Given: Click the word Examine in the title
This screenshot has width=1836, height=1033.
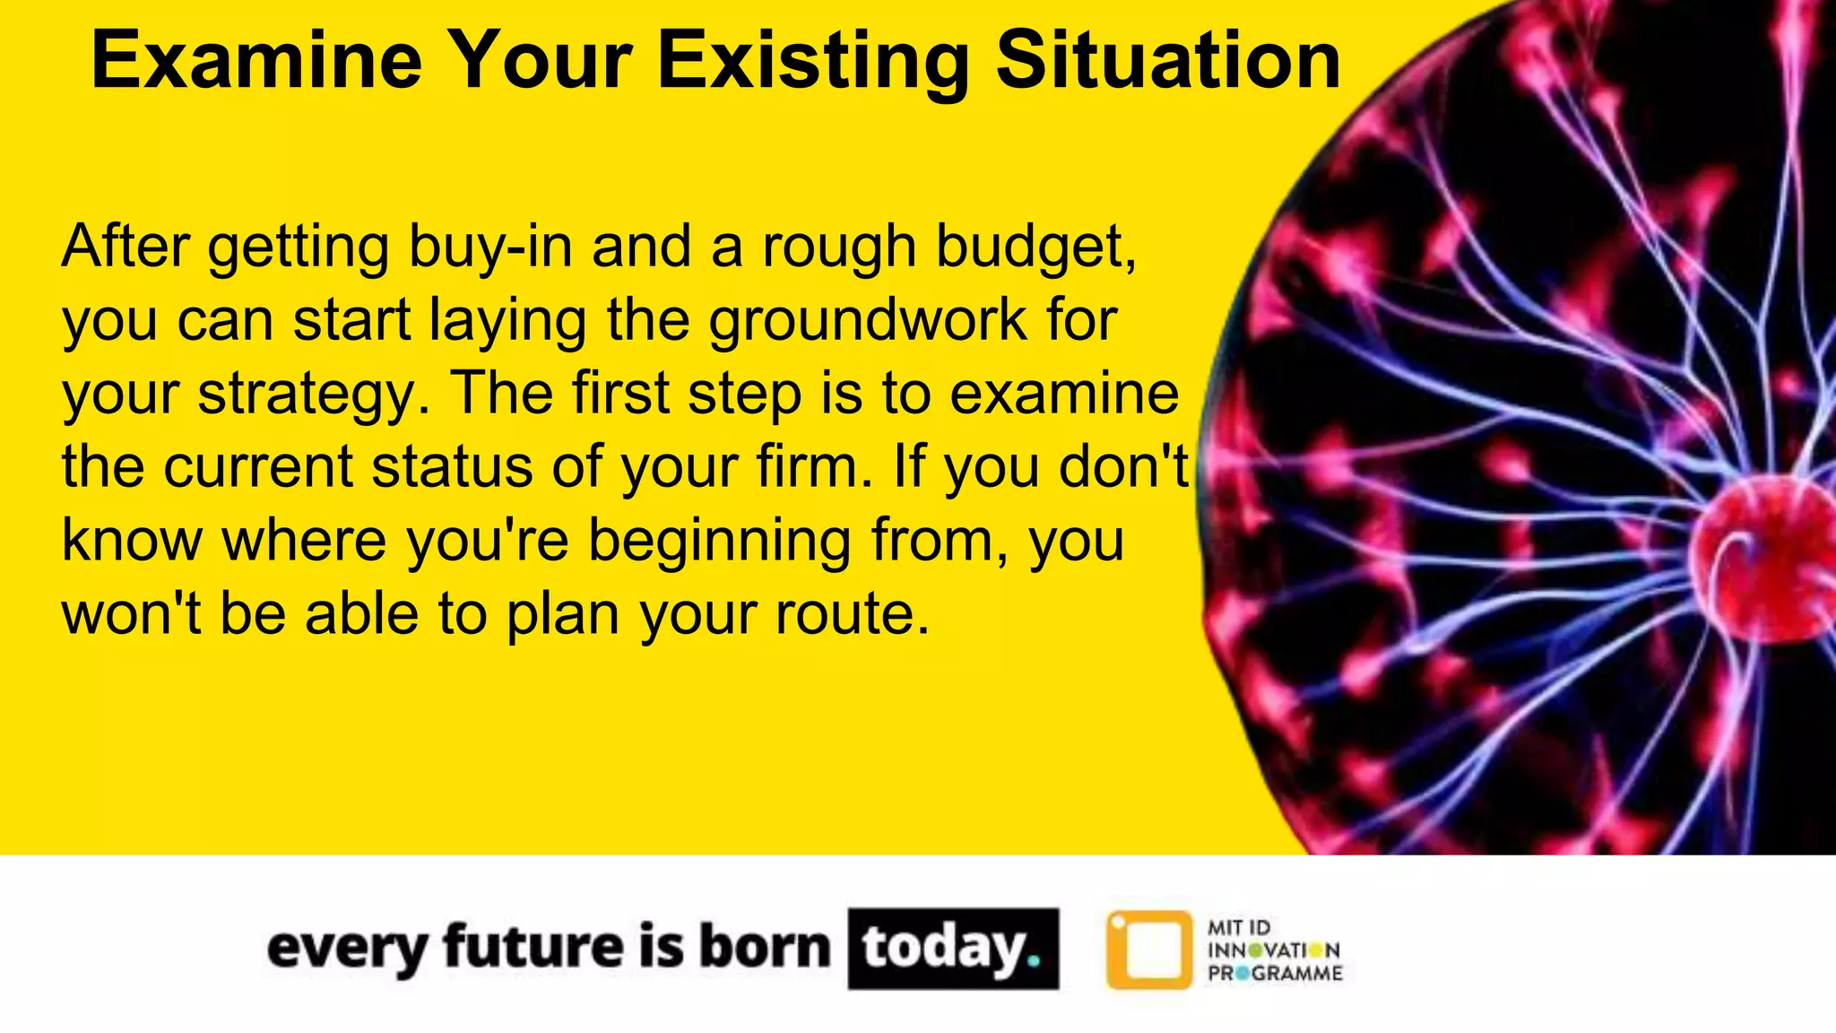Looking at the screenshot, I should click(256, 61).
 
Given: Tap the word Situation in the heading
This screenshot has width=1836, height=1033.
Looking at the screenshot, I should click(1168, 61).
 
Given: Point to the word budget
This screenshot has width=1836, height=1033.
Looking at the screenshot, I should click(1035, 247).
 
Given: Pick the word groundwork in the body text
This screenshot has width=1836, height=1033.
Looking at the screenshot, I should click(868, 320).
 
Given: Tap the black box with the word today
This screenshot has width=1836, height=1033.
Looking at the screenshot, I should click(953, 949).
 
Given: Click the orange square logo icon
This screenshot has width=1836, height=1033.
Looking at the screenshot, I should click(1149, 950).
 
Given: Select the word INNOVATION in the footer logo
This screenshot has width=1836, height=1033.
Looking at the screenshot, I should click(1274, 951).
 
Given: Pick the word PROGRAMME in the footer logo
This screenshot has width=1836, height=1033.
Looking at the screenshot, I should click(1275, 974).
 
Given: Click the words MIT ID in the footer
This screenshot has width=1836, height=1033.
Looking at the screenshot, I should click(1239, 928).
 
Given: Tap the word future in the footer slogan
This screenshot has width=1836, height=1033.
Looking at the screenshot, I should click(533, 948).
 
